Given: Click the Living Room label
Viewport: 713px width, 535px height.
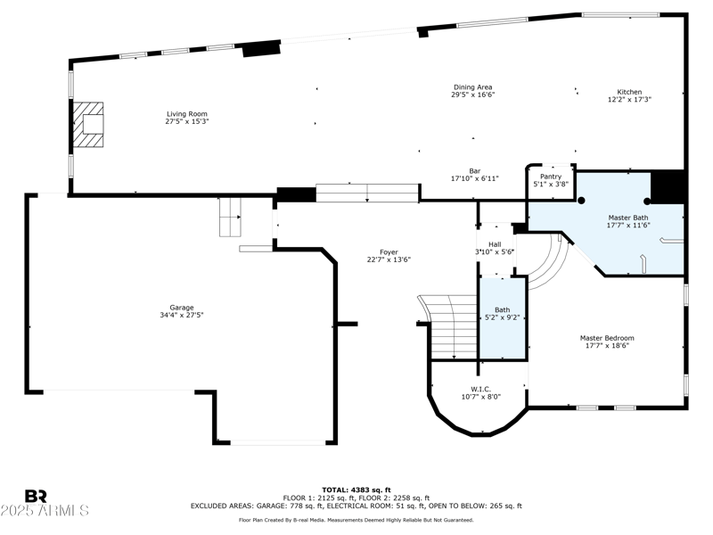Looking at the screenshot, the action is (x=187, y=114).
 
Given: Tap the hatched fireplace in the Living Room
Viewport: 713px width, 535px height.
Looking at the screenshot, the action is (x=88, y=124).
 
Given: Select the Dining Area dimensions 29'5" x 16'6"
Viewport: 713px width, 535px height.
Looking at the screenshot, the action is (x=473, y=95).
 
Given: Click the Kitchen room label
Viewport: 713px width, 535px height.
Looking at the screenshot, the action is (x=629, y=92).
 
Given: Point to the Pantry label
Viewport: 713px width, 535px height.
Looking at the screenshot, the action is (x=551, y=177).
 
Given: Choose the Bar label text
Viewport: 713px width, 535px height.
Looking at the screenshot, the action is (x=475, y=171).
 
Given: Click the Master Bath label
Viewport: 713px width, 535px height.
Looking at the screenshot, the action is (x=628, y=218).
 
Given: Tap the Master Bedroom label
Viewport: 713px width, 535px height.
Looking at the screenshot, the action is (x=607, y=338).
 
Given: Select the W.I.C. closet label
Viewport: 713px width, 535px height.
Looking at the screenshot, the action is (x=480, y=390).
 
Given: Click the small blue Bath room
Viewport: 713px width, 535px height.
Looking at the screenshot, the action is (x=503, y=318).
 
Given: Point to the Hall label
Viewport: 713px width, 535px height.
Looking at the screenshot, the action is (x=495, y=244).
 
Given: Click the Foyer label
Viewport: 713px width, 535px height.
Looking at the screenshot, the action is (x=389, y=252).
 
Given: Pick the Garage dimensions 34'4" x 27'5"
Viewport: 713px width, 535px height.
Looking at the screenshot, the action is (x=182, y=315).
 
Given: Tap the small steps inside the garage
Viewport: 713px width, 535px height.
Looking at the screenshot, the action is (x=230, y=217).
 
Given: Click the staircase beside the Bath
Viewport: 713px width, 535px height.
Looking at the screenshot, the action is (x=448, y=327).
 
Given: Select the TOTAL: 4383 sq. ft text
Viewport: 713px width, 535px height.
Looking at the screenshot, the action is (x=356, y=490).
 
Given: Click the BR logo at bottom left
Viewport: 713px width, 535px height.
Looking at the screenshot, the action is (x=36, y=496).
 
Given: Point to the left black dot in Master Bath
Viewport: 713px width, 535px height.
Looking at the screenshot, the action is (x=581, y=201).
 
